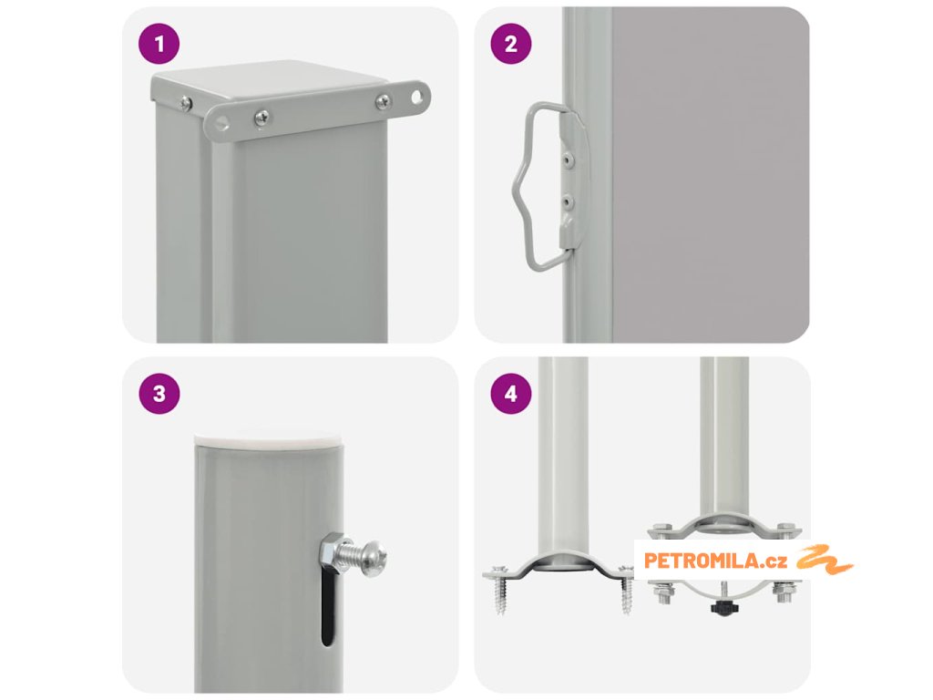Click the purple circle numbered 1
159,44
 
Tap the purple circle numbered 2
510,44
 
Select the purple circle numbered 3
159,394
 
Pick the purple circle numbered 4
510,394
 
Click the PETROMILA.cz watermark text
716,561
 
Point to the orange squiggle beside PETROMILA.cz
825,560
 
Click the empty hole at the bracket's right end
419,96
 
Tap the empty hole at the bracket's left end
221,123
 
